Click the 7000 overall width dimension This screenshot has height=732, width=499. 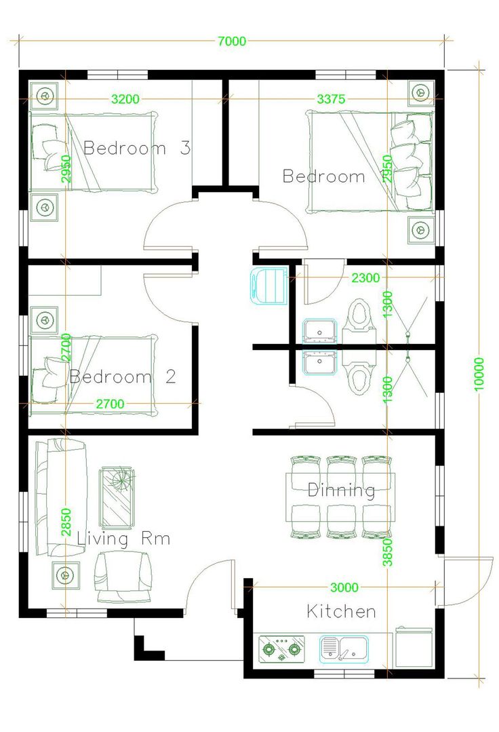coord(232,41)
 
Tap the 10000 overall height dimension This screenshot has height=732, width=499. coord(479,374)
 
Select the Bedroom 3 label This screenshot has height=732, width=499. coord(137,148)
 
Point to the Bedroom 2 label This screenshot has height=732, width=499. coord(123,377)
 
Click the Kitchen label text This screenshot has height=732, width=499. coord(342,611)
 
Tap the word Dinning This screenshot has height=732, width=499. coord(342,490)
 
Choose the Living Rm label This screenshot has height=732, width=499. coord(123,539)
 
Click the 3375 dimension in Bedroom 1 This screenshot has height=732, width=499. coord(331,99)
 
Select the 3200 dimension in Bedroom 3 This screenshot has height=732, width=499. coord(125,99)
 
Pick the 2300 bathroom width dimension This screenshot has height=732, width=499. coord(365,278)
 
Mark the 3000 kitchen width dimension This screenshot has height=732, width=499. coord(344,587)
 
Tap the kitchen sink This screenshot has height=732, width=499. coord(344,649)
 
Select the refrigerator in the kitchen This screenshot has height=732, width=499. coord(414,647)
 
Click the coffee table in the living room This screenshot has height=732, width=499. coord(117,498)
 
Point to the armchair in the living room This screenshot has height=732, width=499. coord(123,577)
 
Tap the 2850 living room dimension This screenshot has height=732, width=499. coord(66,522)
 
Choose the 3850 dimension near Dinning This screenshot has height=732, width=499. coord(388,552)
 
